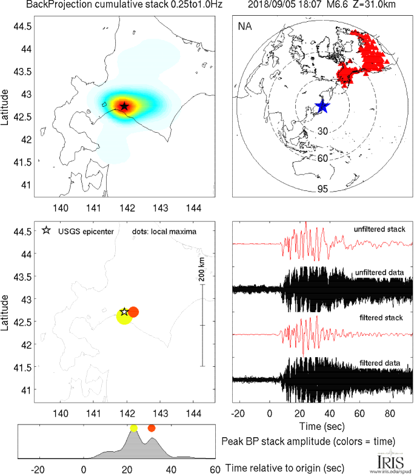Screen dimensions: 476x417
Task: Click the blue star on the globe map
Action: click(322, 107)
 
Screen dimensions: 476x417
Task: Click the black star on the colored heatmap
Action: click(124, 106)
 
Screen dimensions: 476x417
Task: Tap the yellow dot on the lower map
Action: click(124, 317)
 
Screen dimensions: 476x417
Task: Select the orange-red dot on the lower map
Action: click(134, 312)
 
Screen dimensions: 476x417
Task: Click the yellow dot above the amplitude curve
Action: click(133, 428)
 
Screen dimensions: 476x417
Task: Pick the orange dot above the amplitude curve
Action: click(152, 428)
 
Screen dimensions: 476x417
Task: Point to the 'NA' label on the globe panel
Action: click(245, 27)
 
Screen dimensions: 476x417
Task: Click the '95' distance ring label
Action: click(322, 189)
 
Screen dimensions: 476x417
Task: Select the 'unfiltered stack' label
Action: click(379, 229)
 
